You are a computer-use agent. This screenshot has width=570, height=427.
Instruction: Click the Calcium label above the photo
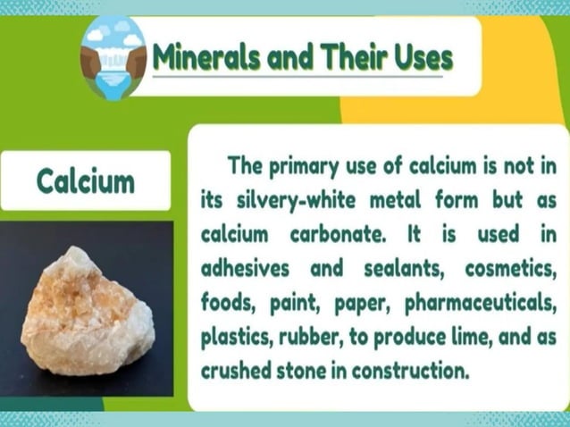pyautogui.click(x=86, y=180)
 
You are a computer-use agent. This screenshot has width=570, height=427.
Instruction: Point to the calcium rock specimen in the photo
pyautogui.click(x=87, y=312)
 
